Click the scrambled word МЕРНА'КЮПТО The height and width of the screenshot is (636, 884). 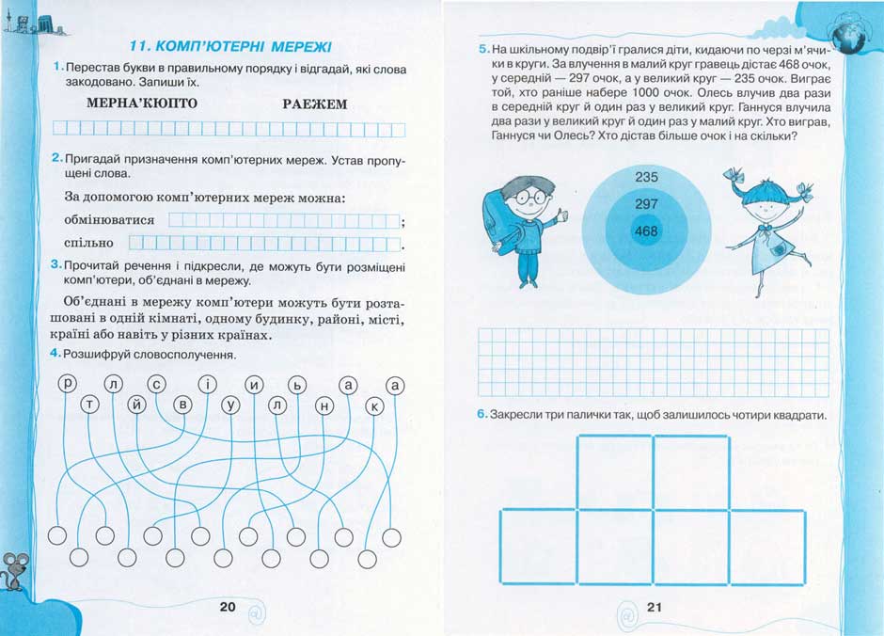(x=142, y=103)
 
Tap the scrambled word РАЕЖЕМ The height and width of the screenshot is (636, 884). (x=315, y=103)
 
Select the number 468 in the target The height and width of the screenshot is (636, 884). (x=647, y=231)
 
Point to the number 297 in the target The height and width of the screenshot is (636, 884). (x=647, y=203)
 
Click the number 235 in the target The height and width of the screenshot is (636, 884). (x=647, y=177)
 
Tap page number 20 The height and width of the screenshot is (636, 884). (x=227, y=607)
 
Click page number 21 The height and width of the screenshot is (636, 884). (x=655, y=607)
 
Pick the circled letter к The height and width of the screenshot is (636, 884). (x=373, y=405)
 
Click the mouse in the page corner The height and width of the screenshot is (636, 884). (x=15, y=568)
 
